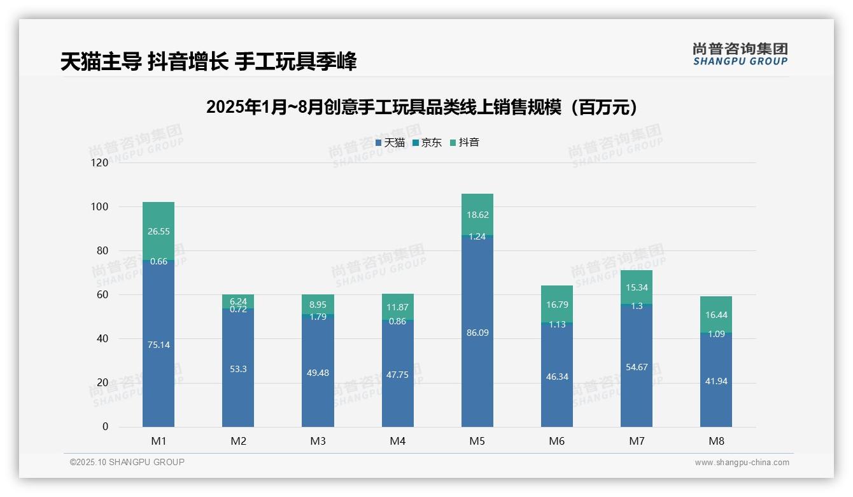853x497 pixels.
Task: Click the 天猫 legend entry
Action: coord(390,143)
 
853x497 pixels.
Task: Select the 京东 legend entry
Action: coord(427,143)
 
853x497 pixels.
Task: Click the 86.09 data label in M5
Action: coord(477,333)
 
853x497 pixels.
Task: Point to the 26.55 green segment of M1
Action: coord(159,231)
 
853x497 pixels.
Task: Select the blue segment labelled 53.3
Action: coord(238,369)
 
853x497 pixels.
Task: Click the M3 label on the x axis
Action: coord(318,441)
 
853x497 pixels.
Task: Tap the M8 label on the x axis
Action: coord(716,441)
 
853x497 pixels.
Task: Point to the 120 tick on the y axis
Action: coord(100,163)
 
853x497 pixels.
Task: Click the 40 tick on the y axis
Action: coord(102,339)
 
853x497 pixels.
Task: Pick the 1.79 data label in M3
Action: coord(318,317)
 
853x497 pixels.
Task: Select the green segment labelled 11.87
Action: coord(398,307)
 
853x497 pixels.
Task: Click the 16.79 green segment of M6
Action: coord(557,304)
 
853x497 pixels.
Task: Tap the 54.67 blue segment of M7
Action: coord(637,367)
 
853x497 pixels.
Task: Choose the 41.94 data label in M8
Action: coord(716,381)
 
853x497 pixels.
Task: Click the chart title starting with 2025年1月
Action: coord(422,108)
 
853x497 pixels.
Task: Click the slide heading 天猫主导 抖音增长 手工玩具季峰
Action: coord(208,62)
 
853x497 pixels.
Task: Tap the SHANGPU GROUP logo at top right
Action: coord(740,54)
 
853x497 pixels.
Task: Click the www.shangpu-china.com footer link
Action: coord(742,463)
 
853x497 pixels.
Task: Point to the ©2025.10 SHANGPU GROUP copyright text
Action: coord(127,463)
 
